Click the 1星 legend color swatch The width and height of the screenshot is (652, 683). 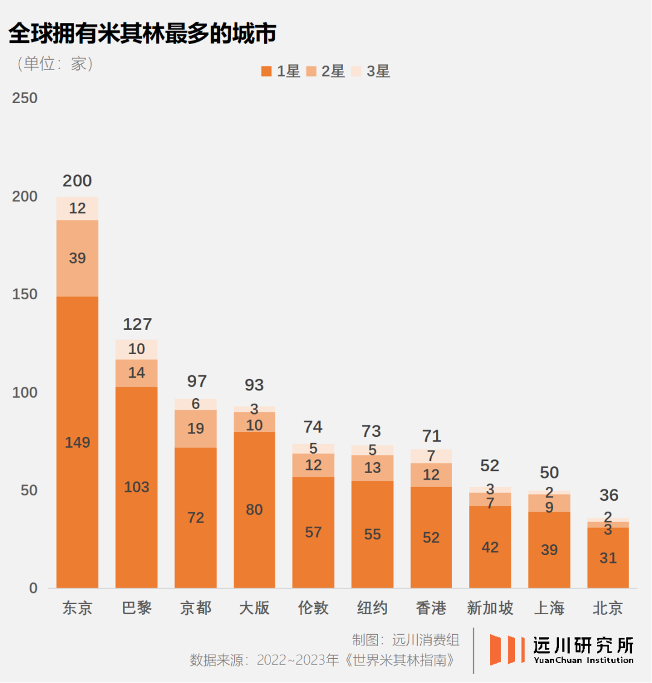pos(266,72)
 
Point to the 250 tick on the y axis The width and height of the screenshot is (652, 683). pos(25,98)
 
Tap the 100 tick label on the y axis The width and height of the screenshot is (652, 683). pos(25,393)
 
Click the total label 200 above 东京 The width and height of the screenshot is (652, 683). pos(77,181)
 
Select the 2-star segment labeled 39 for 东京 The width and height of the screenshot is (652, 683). pos(77,258)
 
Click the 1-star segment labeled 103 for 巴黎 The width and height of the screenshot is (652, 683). pos(136,487)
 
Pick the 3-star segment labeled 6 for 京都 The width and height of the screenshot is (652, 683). pos(196,404)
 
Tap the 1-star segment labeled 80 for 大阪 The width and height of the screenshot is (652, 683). pos(254,510)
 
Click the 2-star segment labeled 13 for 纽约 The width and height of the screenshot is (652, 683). pos(372,468)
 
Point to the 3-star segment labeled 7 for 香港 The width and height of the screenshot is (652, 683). pos(431,456)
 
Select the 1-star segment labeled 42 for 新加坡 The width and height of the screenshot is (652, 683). pos(490,547)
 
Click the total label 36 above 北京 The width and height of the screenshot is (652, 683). pos(609,495)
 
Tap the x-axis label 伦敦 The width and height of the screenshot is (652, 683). pos(313,608)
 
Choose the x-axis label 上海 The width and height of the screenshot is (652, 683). pos(549,608)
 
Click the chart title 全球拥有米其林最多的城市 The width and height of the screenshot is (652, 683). pos(142,34)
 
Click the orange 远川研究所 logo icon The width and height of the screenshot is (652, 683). pos(507,650)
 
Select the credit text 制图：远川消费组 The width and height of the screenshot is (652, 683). pos(406,640)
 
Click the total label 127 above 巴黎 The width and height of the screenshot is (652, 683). pos(137,325)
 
